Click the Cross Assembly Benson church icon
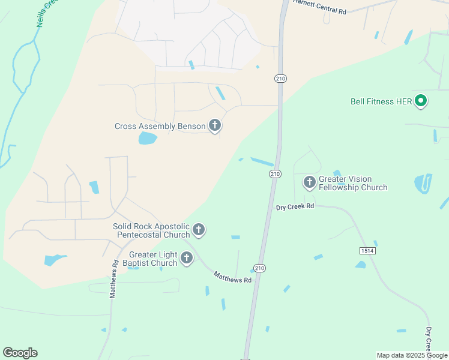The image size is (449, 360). (x=215, y=126)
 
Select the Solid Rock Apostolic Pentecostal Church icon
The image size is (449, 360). (x=199, y=230)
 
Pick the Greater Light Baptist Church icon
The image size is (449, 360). (x=187, y=259)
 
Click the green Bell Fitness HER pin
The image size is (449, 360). (x=421, y=101)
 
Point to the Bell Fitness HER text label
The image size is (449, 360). (x=381, y=101)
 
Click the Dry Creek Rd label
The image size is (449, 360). (x=295, y=206)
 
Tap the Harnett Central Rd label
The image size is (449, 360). (x=320, y=7)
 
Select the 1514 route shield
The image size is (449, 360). (x=368, y=250)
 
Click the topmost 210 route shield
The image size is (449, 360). (x=280, y=79)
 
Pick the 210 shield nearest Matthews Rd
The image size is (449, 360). (x=259, y=268)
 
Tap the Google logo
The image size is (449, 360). (x=20, y=353)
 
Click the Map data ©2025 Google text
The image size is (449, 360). (x=412, y=355)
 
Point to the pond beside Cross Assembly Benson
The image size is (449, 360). (x=148, y=139)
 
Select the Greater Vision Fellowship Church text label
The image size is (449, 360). (x=353, y=183)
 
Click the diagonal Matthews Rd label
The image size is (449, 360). (x=232, y=277)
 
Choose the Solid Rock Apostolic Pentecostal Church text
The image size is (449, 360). (x=151, y=230)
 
